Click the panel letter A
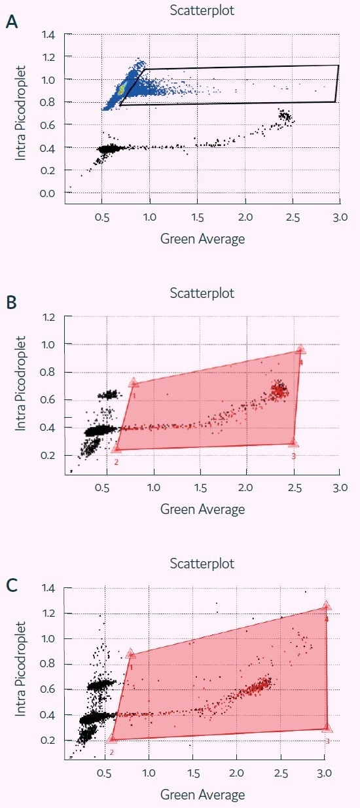tap(11, 22)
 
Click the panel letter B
tap(11, 304)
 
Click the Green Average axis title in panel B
tap(202, 509)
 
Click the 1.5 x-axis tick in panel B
tap(200, 487)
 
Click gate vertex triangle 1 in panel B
tap(134, 382)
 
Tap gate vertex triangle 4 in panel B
tap(300, 350)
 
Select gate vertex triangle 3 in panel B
tap(293, 443)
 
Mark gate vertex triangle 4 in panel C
tap(326, 606)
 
